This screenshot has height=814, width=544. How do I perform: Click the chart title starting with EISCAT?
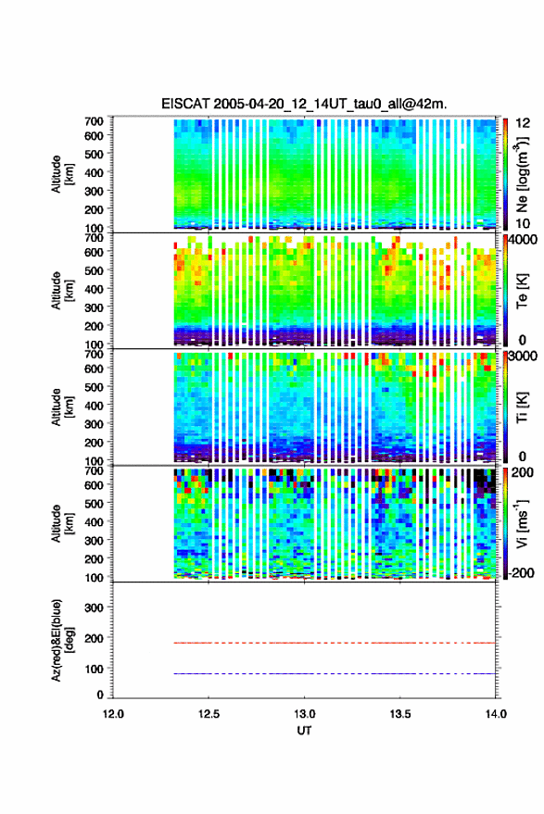tap(303, 104)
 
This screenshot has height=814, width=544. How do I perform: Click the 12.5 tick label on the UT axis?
tap(209, 714)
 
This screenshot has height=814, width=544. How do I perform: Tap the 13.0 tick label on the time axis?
tap(305, 714)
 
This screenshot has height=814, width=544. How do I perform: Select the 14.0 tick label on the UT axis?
tap(496, 714)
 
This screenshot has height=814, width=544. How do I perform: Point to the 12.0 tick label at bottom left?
tap(113, 714)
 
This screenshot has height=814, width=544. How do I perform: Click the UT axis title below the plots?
tap(305, 731)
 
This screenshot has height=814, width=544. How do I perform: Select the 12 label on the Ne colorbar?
tap(523, 123)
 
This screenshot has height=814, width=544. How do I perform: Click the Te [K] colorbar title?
tap(523, 291)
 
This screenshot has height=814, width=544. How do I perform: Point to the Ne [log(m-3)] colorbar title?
tap(522, 174)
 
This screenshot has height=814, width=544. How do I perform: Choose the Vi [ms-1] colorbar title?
tap(522, 523)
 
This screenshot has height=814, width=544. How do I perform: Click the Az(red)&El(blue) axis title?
tap(62, 640)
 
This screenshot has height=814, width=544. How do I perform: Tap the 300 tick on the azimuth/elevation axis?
tap(94, 607)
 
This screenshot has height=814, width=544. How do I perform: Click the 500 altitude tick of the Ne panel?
tap(94, 154)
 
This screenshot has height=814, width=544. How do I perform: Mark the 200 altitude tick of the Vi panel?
tap(94, 559)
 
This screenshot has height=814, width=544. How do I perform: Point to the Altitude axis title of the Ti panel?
tap(62, 407)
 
